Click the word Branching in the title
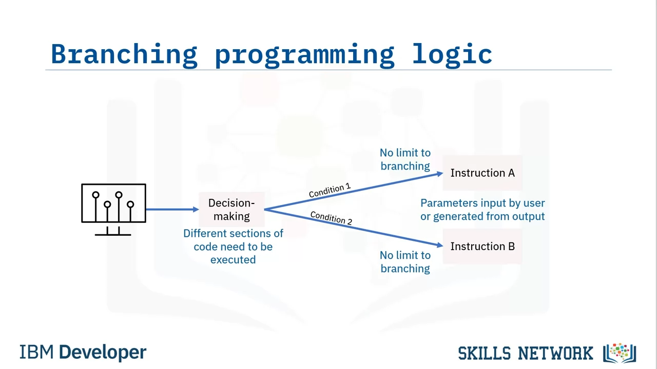click(124, 55)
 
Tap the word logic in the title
click(452, 54)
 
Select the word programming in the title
click(305, 56)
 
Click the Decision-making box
click(231, 210)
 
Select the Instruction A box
click(482, 173)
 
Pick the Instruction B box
click(482, 247)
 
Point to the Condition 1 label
click(330, 190)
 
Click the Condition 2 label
click(331, 218)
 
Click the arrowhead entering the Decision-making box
click(196, 210)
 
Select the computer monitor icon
click(113, 210)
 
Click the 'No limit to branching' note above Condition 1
click(405, 159)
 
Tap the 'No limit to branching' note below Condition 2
click(405, 262)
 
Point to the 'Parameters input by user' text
click(482, 203)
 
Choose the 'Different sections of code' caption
click(233, 247)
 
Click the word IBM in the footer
click(36, 352)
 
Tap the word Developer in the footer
click(103, 353)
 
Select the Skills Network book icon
click(620, 353)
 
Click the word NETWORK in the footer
click(555, 354)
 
